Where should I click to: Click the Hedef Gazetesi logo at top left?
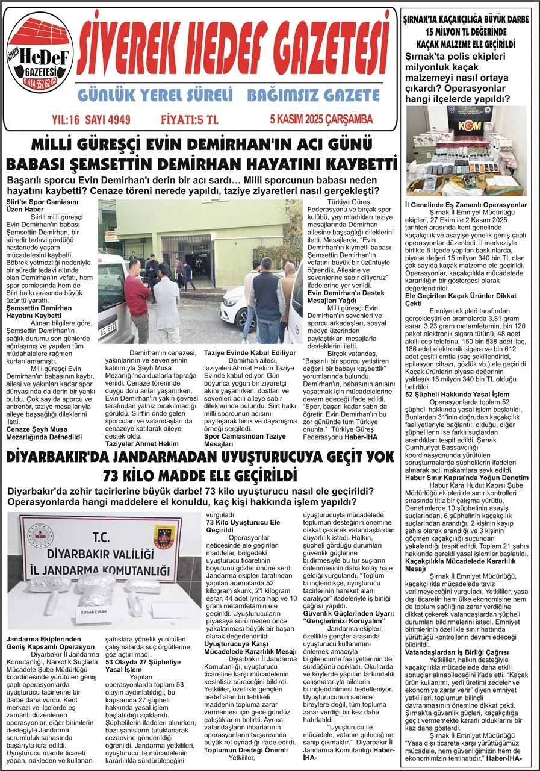click(40, 53)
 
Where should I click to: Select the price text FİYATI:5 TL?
click(189, 119)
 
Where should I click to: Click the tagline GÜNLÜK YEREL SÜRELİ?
click(155, 95)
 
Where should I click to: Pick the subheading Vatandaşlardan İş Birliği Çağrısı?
click(456, 652)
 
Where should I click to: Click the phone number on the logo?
click(40, 80)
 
